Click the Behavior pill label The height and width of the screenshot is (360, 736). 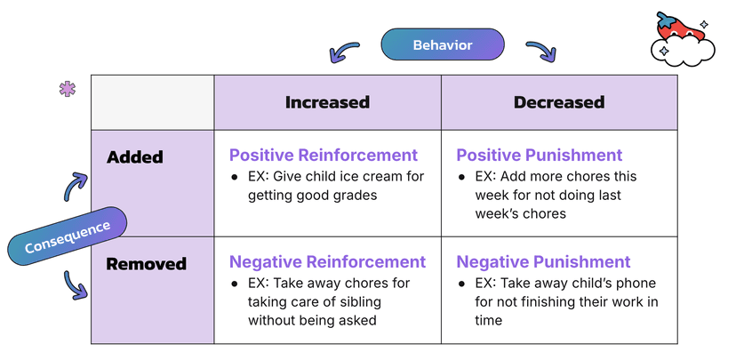click(x=442, y=44)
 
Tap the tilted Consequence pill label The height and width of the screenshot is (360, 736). click(x=68, y=237)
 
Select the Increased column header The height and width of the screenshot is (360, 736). click(x=327, y=102)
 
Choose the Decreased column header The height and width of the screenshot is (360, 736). click(x=558, y=102)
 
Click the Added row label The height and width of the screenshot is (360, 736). click(x=135, y=157)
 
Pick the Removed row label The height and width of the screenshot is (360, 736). click(x=147, y=264)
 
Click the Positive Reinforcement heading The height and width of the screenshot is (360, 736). click(x=324, y=155)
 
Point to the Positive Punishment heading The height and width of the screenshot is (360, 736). click(x=540, y=155)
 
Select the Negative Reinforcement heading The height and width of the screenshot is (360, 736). click(x=328, y=261)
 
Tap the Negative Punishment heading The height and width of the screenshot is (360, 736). click(x=544, y=261)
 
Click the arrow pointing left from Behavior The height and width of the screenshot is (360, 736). click(x=344, y=52)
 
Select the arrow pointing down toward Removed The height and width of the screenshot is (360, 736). click(x=76, y=285)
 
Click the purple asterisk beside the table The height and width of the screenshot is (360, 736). click(x=67, y=89)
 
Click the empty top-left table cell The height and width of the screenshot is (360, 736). click(x=152, y=102)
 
